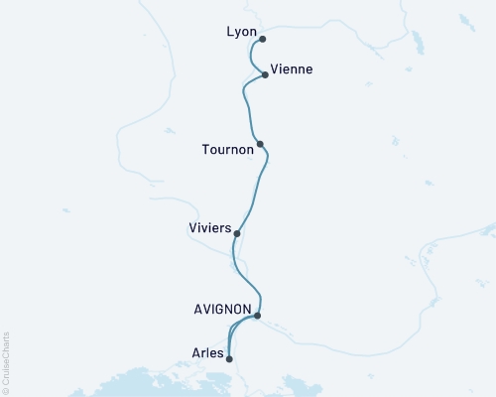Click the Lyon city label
click(x=241, y=33)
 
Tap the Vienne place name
click(x=292, y=69)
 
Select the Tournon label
click(x=227, y=151)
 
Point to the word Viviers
click(x=209, y=228)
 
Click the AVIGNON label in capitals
click(x=222, y=309)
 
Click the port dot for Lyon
click(x=262, y=40)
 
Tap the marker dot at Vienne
click(x=265, y=74)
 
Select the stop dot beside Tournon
click(x=260, y=144)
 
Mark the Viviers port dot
click(x=236, y=233)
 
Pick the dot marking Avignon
click(x=257, y=316)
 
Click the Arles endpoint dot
click(x=229, y=359)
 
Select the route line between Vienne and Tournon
click(x=245, y=104)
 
